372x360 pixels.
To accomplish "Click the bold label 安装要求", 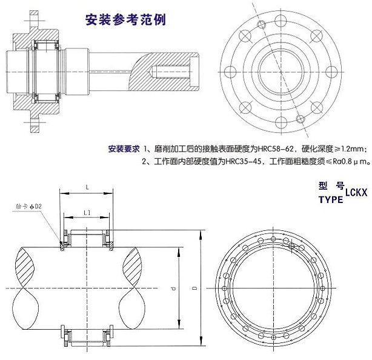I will (x=124, y=148).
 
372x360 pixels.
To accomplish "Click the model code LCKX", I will (x=356, y=193).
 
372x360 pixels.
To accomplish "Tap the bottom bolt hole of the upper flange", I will (x=279, y=121).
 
